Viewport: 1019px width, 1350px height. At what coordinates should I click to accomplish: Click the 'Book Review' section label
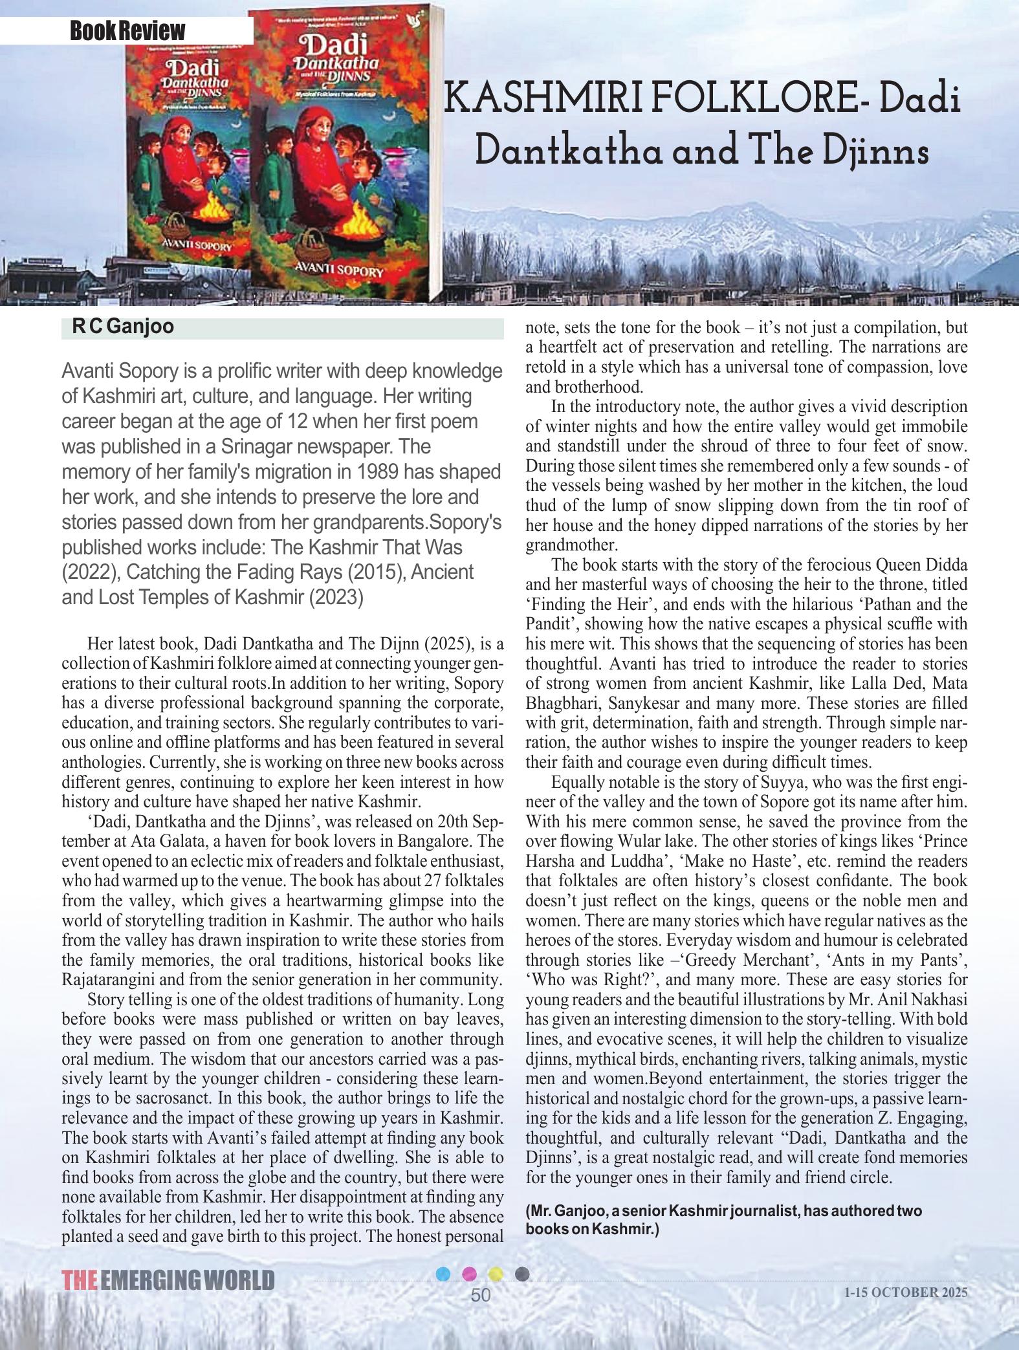pos(127,30)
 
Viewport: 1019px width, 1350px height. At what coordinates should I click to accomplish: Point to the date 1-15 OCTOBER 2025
pos(906,1292)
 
